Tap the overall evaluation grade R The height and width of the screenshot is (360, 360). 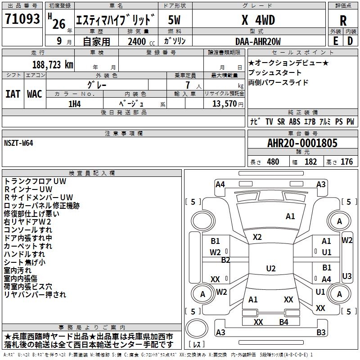coord(343,21)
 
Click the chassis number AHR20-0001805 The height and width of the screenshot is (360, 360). coord(302,144)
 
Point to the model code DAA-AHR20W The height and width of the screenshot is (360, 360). coord(258,41)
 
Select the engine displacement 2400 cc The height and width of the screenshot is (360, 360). coord(138,41)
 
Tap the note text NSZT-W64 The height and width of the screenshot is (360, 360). coord(18,143)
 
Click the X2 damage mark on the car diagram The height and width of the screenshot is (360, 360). coord(257,237)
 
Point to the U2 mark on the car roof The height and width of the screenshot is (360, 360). coord(270,269)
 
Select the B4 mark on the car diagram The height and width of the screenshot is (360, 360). coord(283,322)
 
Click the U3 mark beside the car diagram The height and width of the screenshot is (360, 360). coord(347,276)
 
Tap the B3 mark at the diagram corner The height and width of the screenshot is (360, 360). coord(321,333)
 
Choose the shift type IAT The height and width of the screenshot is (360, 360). coord(13,94)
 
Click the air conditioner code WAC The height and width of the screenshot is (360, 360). coord(35,94)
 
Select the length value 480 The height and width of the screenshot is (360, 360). coord(273,162)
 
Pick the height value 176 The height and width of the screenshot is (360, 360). coord(346,162)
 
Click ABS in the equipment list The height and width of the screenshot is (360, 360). coord(294,122)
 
